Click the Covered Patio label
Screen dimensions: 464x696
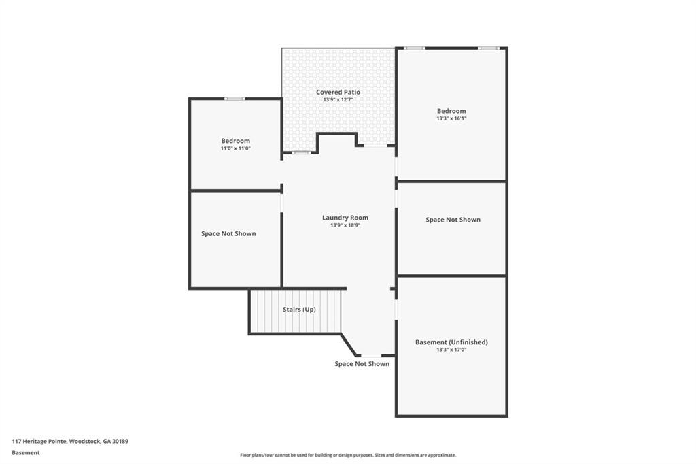338,92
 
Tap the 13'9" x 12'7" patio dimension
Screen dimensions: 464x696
338,100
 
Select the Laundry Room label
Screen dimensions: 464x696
345,218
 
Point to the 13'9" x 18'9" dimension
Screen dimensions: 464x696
345,225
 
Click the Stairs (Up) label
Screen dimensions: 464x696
299,310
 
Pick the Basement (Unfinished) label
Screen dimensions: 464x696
451,342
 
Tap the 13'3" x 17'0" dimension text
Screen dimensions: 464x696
451,350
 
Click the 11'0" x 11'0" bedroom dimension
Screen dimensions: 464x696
235,148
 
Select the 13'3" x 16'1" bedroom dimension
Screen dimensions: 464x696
451,118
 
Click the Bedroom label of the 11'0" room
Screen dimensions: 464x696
235,141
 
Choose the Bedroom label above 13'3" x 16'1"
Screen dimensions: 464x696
451,111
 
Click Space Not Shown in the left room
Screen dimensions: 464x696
228,233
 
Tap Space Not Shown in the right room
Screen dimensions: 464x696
453,220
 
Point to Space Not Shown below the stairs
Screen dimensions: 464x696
362,364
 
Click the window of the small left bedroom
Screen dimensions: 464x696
235,99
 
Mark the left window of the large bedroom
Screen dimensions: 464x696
415,48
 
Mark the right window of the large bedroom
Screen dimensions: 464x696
488,48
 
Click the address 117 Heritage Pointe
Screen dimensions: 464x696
70,441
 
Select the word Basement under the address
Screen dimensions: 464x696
26,452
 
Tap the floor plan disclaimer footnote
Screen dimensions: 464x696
348,455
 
